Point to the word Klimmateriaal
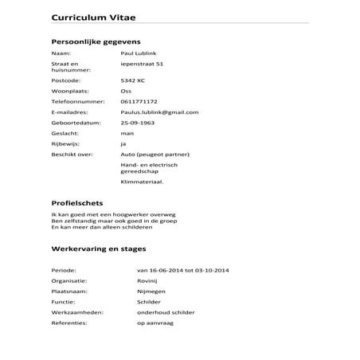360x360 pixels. click(x=141, y=182)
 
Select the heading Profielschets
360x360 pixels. click(x=77, y=203)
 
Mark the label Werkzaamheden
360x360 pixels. click(x=77, y=312)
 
